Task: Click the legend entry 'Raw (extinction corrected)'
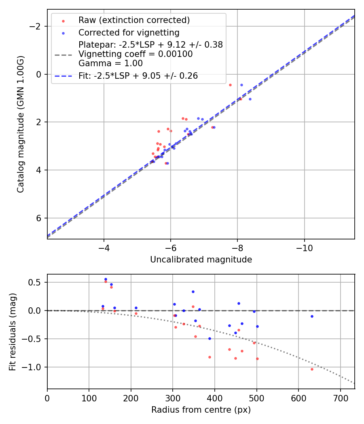[x=134, y=20]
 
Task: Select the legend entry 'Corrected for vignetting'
[x=129, y=32]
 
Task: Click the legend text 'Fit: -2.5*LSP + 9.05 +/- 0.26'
[x=138, y=76]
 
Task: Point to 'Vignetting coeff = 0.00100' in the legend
[x=135, y=54]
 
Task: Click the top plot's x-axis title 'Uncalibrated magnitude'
[x=201, y=260]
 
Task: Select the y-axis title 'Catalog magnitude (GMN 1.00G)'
[x=21, y=124]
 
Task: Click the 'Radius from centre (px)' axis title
[x=201, y=410]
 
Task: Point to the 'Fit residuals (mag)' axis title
[x=13, y=332]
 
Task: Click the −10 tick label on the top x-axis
[x=304, y=248]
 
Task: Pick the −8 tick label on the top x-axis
[x=237, y=248]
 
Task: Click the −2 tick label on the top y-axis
[x=36, y=26]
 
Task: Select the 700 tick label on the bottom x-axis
[x=340, y=398]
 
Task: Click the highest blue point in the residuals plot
[x=106, y=279]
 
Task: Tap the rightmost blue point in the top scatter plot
[x=250, y=99]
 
